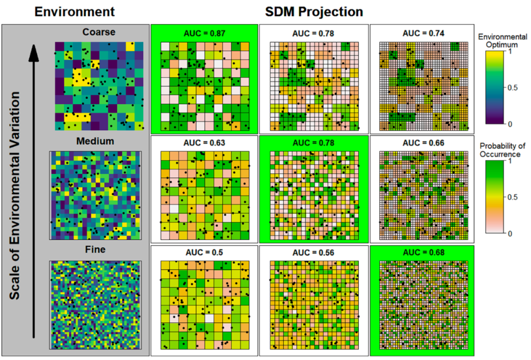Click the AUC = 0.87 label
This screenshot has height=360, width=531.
coord(205,34)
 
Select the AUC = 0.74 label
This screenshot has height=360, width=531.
coord(423,34)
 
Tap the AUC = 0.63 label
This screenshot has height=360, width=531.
coord(205,144)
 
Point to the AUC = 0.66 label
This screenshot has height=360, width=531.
coord(423,144)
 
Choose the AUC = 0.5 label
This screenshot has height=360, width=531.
coord(205,253)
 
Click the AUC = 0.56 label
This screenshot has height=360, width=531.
coord(314,253)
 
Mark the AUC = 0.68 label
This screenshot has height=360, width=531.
coord(423,253)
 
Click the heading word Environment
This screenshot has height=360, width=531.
coord(74,11)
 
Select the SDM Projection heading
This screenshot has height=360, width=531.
coord(314,11)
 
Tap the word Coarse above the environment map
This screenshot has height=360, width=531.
coord(99,32)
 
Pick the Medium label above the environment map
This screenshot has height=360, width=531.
coord(95,142)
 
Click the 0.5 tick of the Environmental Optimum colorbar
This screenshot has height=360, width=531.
coord(513,88)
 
